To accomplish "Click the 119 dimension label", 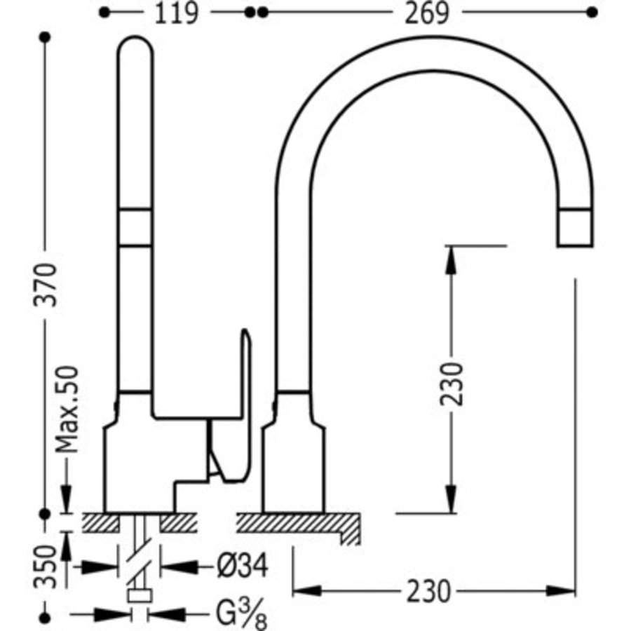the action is click(x=176, y=13).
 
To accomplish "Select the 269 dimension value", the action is click(x=426, y=13).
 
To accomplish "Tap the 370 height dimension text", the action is click(x=46, y=285).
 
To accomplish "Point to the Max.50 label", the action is click(x=67, y=409).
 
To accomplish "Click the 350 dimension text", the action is click(x=45, y=566).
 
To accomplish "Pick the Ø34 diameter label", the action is click(x=243, y=566).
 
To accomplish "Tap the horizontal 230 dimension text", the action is click(x=428, y=591).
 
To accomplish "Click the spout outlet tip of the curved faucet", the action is click(x=575, y=245).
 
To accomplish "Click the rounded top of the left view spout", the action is click(x=135, y=43).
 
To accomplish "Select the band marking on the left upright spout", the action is click(x=135, y=227).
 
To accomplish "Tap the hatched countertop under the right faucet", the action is click(x=298, y=525).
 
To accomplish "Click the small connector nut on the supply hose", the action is click(x=140, y=595).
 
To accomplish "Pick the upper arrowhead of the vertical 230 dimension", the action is click(x=451, y=260).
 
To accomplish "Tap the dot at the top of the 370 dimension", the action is click(x=46, y=37).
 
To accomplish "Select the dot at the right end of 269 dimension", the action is click(x=592, y=13).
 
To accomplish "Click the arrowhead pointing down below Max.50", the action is click(x=66, y=498).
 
